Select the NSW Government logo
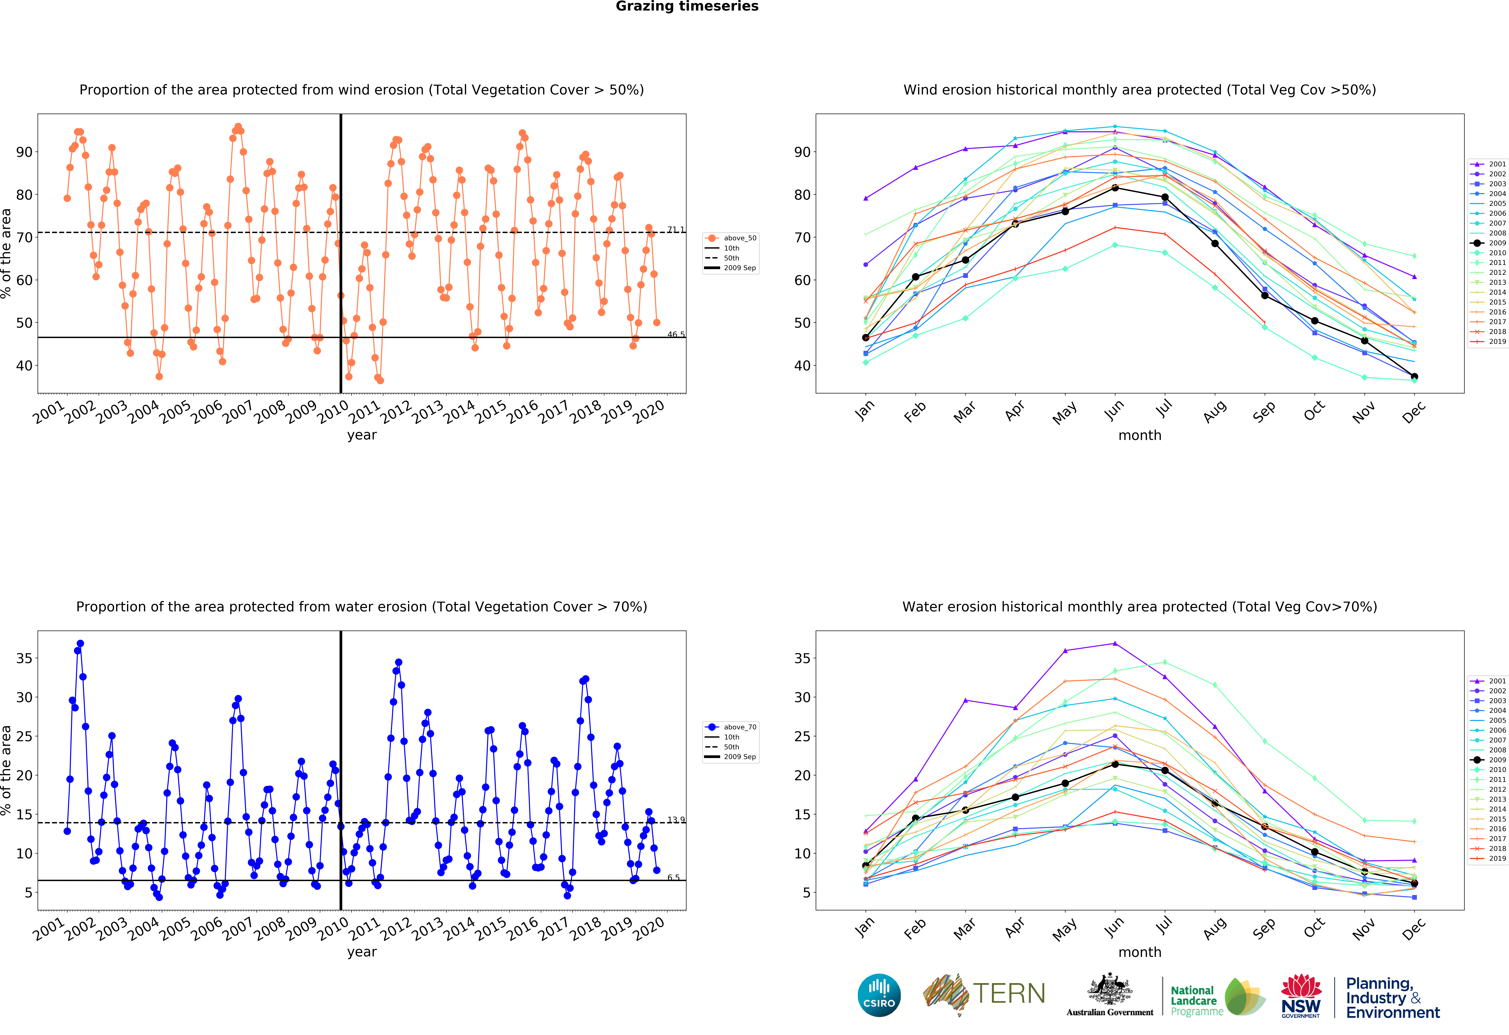1301,995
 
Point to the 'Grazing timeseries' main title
687,6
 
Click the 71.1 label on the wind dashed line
675,229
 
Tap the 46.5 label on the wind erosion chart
675,335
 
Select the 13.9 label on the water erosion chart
675,820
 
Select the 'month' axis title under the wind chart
1140,435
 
